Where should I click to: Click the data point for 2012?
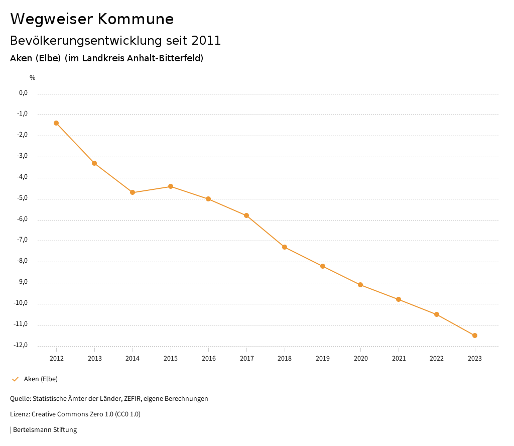pyautogui.click(x=56, y=123)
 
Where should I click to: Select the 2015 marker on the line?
pyautogui.click(x=171, y=186)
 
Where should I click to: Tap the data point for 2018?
pyautogui.click(x=285, y=247)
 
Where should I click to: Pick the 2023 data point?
pyautogui.click(x=475, y=336)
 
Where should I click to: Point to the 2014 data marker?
pyautogui.click(x=133, y=192)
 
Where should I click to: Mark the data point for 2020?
pyautogui.click(x=360, y=285)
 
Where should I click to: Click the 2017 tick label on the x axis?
pyautogui.click(x=246, y=359)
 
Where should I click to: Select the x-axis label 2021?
pyautogui.click(x=399, y=359)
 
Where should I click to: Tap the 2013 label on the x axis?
pyautogui.click(x=94, y=359)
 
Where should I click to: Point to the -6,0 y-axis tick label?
pyautogui.click(x=22, y=219)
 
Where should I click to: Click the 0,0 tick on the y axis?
pyautogui.click(x=23, y=93)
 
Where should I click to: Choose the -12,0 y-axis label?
pyautogui.click(x=21, y=345)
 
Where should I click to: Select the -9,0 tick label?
pyautogui.click(x=22, y=282)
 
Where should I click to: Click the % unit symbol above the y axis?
pyautogui.click(x=33, y=78)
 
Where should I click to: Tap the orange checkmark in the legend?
pyautogui.click(x=15, y=379)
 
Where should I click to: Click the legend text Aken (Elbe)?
pyautogui.click(x=41, y=379)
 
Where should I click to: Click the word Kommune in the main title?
pyautogui.click(x=136, y=19)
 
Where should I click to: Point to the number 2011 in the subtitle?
pyautogui.click(x=206, y=41)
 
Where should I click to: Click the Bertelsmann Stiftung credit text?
pyautogui.click(x=45, y=430)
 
